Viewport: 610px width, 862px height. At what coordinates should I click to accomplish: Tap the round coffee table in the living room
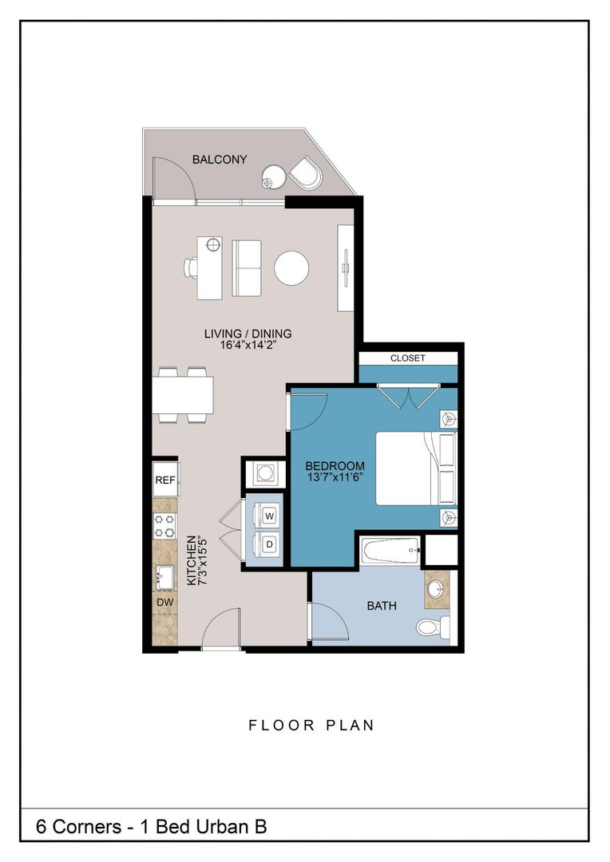291,268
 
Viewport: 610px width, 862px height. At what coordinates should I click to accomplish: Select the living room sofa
247,267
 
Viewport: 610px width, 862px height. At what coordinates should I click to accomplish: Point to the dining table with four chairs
184,394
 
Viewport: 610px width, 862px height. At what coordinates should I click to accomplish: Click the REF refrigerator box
165,480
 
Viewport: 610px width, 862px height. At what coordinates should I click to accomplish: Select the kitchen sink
165,575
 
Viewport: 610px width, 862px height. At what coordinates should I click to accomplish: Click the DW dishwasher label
165,603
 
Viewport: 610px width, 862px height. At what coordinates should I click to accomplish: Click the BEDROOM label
335,466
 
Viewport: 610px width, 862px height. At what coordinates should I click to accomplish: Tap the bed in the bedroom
415,469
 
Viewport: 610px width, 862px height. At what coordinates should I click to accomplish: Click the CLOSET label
407,358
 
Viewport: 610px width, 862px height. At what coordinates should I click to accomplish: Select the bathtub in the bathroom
390,549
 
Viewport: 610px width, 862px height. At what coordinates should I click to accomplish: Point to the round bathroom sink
436,590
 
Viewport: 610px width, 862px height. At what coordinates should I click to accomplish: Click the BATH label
382,606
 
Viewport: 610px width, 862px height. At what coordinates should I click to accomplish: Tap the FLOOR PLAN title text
311,726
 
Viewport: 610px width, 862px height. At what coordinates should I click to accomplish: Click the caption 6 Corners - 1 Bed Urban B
151,827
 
